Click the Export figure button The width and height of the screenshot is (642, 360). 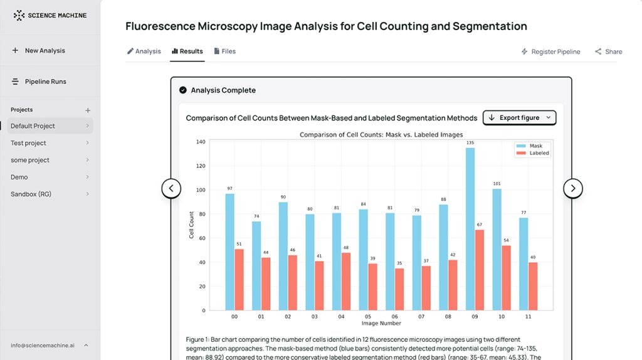click(x=519, y=118)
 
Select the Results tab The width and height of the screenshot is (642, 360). click(x=187, y=51)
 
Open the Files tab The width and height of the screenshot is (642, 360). click(x=224, y=51)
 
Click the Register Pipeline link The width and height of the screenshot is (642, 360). click(x=550, y=51)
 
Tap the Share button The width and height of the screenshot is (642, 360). click(x=608, y=51)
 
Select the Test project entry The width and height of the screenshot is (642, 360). click(x=28, y=143)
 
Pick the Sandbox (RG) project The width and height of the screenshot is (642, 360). click(x=31, y=194)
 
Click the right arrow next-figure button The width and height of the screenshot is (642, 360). click(x=573, y=188)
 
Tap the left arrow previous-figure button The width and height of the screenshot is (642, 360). click(x=171, y=188)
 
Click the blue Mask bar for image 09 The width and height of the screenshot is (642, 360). click(x=470, y=229)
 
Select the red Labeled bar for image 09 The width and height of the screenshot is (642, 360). click(x=479, y=270)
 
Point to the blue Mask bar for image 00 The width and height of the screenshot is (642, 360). click(x=230, y=251)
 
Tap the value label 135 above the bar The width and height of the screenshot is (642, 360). click(x=470, y=143)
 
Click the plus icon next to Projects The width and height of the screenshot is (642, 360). click(x=88, y=110)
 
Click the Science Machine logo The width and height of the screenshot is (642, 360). click(x=50, y=15)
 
